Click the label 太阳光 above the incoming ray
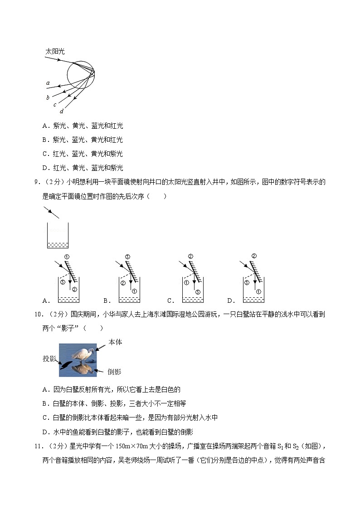coord(55,52)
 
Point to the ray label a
coord(48,83)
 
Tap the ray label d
coord(62,111)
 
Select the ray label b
coord(48,97)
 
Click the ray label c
coord(54,105)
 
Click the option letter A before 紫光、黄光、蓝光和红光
coord(45,126)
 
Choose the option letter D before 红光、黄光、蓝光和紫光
coord(45,168)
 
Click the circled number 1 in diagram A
coord(66,257)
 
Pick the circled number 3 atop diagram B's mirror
coord(127,257)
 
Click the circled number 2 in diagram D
coord(254,256)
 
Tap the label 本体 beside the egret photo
coord(115,342)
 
